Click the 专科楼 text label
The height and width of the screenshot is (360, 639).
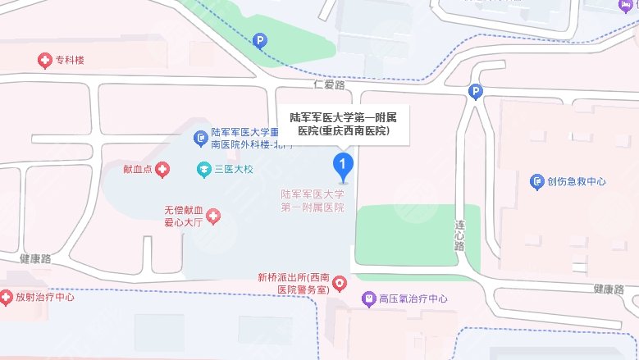71,60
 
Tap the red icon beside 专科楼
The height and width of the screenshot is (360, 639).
44,60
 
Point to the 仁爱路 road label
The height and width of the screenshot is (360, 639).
330,84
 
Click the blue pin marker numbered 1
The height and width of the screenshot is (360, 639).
343,166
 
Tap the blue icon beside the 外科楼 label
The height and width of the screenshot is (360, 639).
200,137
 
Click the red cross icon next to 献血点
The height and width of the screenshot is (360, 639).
163,170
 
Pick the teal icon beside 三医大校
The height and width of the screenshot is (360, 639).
202,170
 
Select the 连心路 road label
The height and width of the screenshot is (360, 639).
460,234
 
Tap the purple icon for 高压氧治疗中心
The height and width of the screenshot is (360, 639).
368,299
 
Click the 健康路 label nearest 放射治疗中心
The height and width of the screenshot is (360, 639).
35,258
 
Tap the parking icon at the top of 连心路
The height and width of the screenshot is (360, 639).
475,93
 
